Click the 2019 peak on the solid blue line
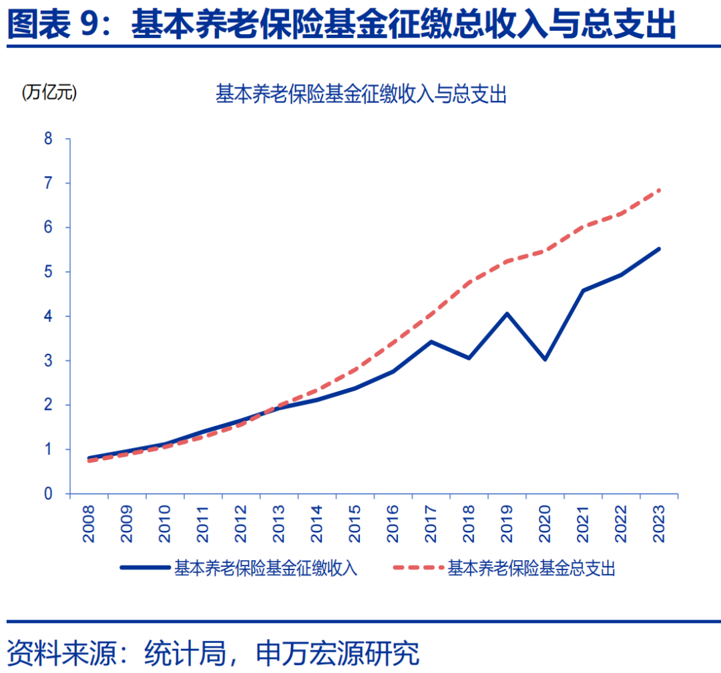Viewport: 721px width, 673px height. coord(507,313)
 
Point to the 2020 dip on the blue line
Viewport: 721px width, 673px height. coord(545,359)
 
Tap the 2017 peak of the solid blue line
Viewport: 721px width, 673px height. coord(431,342)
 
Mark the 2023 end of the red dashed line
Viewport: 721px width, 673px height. coord(659,190)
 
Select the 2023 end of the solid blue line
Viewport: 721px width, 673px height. coord(659,249)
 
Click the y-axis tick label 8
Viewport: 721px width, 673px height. coord(48,139)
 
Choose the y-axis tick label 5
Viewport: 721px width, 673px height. coord(48,272)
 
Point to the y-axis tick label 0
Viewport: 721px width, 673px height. coord(48,494)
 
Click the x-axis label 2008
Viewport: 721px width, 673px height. coord(89,523)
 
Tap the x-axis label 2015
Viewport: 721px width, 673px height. coord(355,523)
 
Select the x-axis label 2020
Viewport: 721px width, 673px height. coord(545,523)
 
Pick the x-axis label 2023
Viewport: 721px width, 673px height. coord(660,523)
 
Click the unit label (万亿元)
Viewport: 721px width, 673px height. coord(49,93)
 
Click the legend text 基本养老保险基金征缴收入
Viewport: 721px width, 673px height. coord(266,568)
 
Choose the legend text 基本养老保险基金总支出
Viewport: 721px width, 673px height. coord(531,568)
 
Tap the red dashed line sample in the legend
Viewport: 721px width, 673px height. coord(418,568)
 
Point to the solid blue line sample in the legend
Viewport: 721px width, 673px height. coord(145,568)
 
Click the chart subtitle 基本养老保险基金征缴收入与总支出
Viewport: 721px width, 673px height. coord(361,95)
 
